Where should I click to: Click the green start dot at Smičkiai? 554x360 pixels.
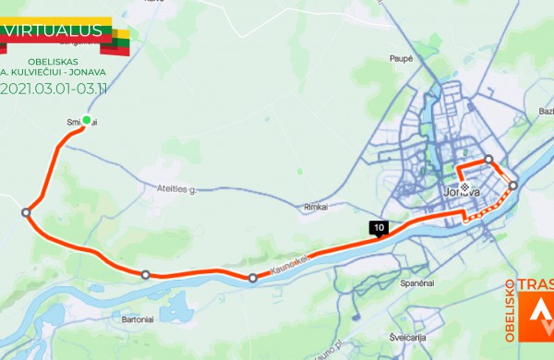coord(86,120)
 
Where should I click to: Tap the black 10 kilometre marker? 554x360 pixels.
coord(379,227)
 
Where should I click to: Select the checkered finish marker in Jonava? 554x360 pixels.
coord(464,186)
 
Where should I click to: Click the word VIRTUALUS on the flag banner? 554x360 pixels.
coord(53,30)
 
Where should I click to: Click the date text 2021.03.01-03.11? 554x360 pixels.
coord(55,90)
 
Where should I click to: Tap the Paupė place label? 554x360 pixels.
coord(401,58)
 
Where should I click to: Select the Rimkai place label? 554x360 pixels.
coord(316,208)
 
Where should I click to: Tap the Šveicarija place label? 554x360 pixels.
coord(409,337)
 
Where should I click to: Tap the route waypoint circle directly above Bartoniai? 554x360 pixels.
coord(145,274)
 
